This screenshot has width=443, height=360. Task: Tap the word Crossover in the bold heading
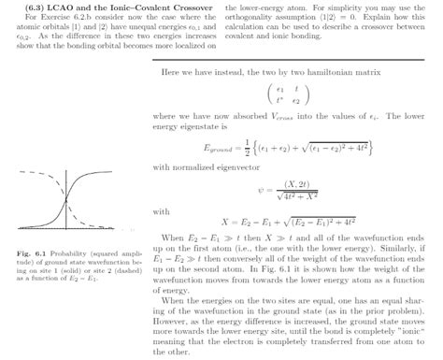point(187,7)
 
